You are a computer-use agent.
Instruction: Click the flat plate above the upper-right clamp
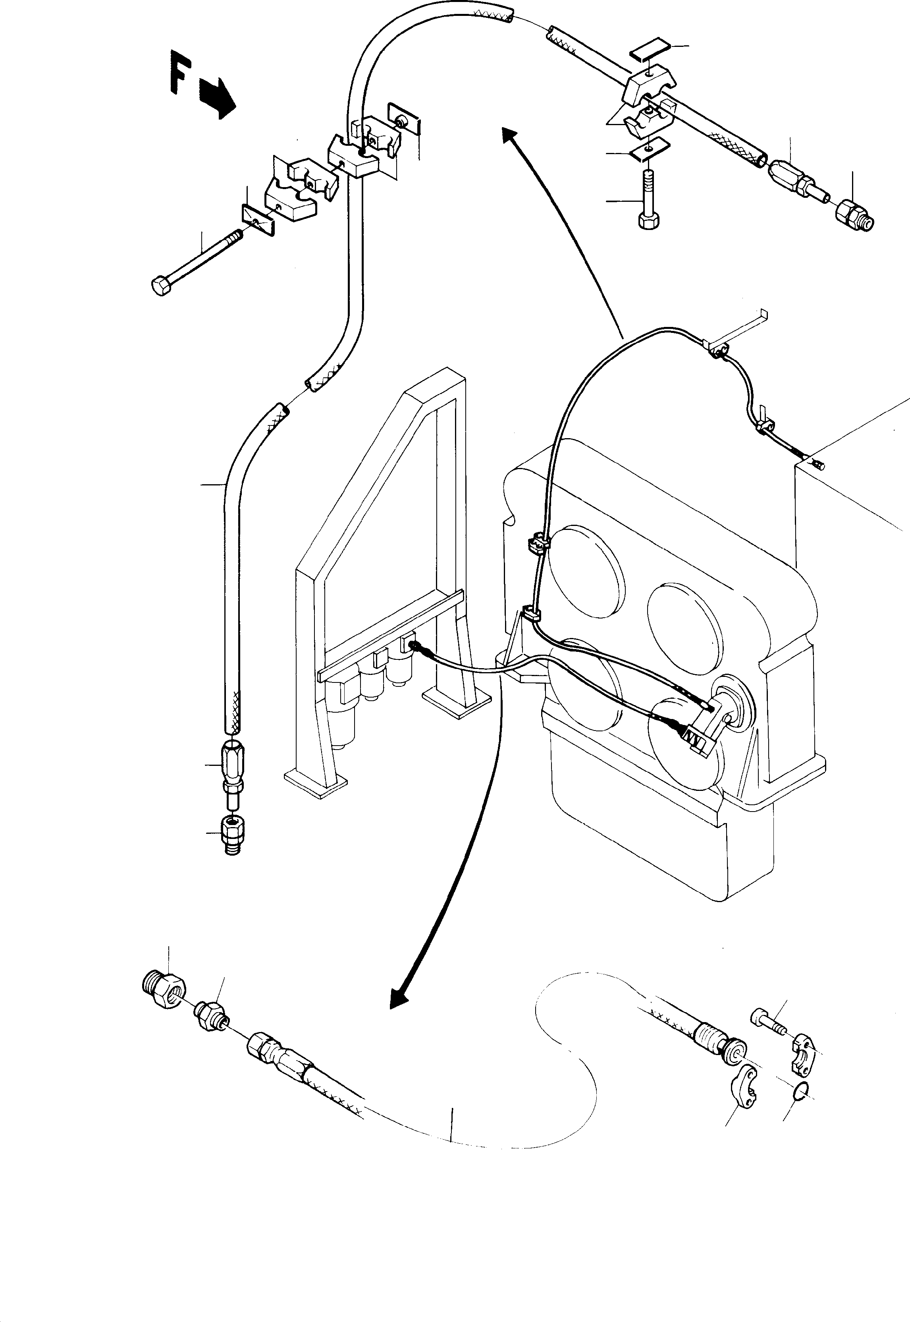coord(649,47)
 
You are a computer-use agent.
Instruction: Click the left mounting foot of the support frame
coord(315,780)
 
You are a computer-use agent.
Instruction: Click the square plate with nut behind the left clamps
coord(403,120)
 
